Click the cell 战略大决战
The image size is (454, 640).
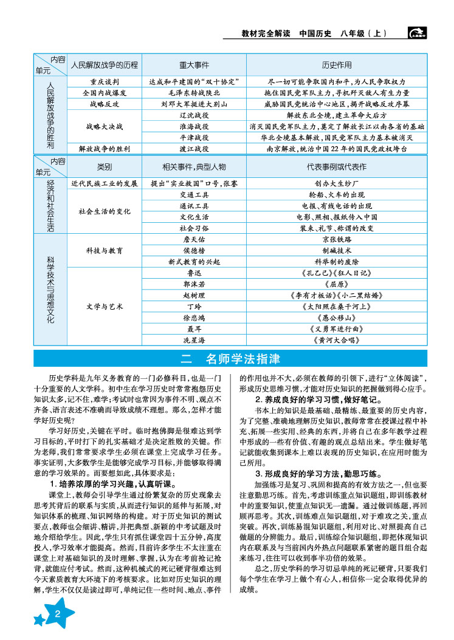coord(105,126)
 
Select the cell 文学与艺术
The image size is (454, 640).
coord(105,307)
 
